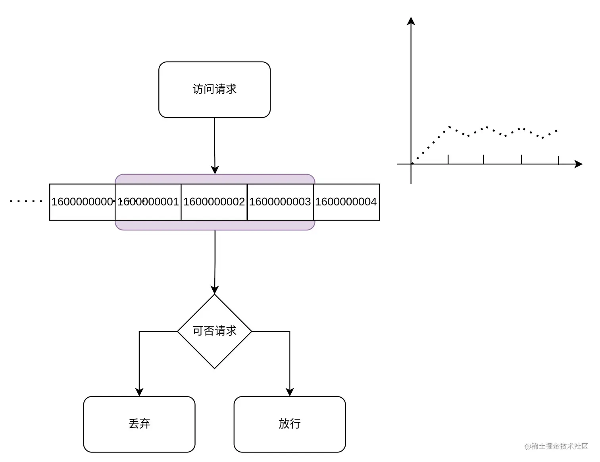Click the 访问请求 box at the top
click(x=214, y=89)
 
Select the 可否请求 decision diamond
click(x=214, y=331)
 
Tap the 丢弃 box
click(x=139, y=424)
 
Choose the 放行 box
click(x=289, y=424)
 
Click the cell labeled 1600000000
click(x=82, y=202)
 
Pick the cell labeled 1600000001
click(x=148, y=202)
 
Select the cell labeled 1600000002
click(x=214, y=202)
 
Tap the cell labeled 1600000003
click(x=280, y=202)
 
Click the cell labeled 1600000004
click(x=346, y=202)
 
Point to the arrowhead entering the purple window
click(x=215, y=170)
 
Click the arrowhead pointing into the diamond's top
click(x=215, y=290)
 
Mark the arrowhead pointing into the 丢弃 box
click(x=139, y=392)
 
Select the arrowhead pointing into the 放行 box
click(x=290, y=392)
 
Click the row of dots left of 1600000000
click(x=26, y=201)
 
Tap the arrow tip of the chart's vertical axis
click(x=411, y=21)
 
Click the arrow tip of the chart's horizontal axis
click(x=579, y=164)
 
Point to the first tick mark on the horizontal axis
click(x=448, y=159)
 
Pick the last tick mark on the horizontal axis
click(x=558, y=160)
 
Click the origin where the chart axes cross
click(x=411, y=164)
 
